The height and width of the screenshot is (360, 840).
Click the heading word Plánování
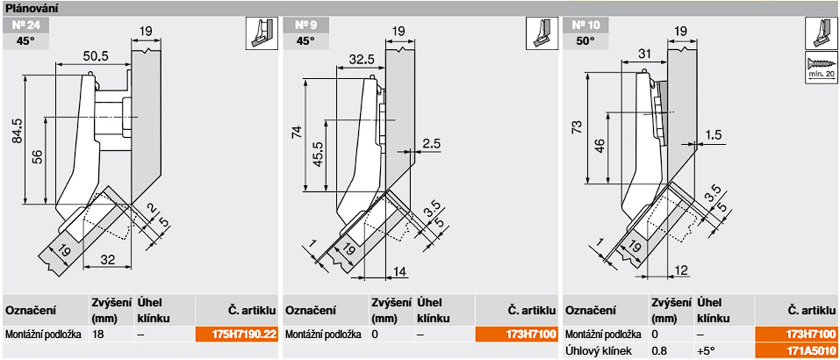coord(31,8)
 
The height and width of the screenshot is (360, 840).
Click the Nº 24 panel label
coord(27,25)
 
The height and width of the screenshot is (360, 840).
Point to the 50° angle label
coord(583,40)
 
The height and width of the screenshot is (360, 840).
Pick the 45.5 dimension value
coord(317,153)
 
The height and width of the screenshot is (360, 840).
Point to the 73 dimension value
coord(576,128)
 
